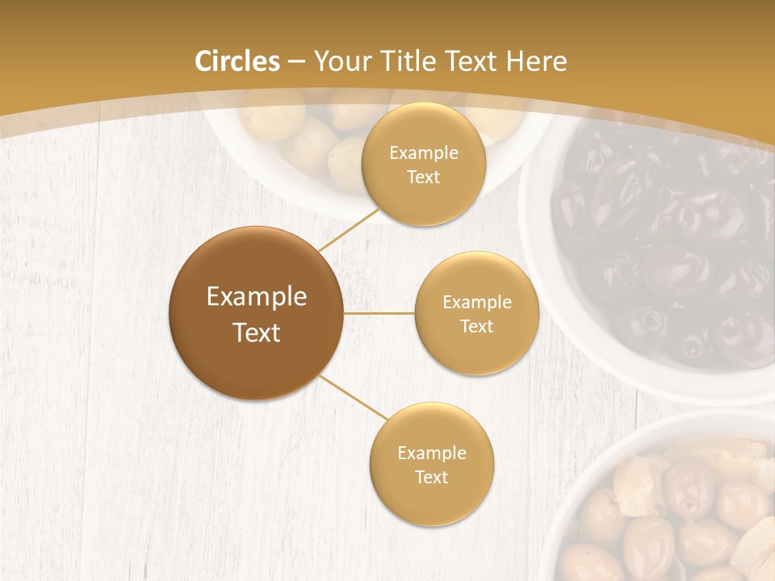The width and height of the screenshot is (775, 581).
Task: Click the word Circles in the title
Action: click(x=237, y=61)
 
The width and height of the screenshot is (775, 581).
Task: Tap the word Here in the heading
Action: click(x=536, y=61)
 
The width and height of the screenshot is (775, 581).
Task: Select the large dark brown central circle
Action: click(x=256, y=313)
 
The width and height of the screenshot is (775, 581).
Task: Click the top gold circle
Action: click(x=423, y=164)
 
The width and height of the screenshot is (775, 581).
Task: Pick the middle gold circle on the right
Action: click(x=476, y=313)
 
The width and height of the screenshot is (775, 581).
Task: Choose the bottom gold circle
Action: click(x=431, y=464)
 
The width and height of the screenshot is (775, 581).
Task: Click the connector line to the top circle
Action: click(x=349, y=229)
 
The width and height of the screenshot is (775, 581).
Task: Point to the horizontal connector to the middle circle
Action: click(x=379, y=313)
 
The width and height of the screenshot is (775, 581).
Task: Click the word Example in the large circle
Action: click(x=256, y=297)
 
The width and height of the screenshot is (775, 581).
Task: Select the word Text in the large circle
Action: click(x=256, y=332)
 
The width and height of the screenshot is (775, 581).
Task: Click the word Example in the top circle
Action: click(x=423, y=153)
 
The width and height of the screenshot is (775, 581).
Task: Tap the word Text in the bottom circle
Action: click(x=431, y=477)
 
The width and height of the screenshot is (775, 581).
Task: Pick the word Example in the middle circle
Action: click(x=476, y=302)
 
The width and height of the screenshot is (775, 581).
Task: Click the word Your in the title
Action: click(x=339, y=61)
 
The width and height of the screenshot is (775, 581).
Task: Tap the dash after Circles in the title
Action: click(x=295, y=62)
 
